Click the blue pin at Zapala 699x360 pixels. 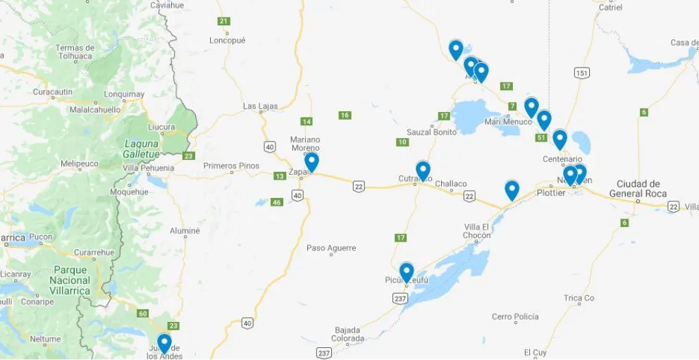click(311, 161)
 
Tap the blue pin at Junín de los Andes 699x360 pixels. click(164, 342)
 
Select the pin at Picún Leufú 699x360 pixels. click(407, 271)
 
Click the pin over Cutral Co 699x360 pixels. click(423, 170)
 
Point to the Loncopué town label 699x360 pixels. click(227, 40)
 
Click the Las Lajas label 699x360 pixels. click(260, 106)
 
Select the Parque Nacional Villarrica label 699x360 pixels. click(70, 280)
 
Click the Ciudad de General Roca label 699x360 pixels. click(641, 189)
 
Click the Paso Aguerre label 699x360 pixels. click(331, 248)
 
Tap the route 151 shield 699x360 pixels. click(581, 73)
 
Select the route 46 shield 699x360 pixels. click(276, 202)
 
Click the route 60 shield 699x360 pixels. click(143, 314)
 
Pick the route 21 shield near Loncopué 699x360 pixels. click(224, 21)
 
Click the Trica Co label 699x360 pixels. click(579, 298)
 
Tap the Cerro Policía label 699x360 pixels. click(515, 317)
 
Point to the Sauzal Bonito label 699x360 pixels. click(431, 132)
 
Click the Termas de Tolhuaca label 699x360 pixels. click(75, 51)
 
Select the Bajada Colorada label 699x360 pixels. click(347, 334)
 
